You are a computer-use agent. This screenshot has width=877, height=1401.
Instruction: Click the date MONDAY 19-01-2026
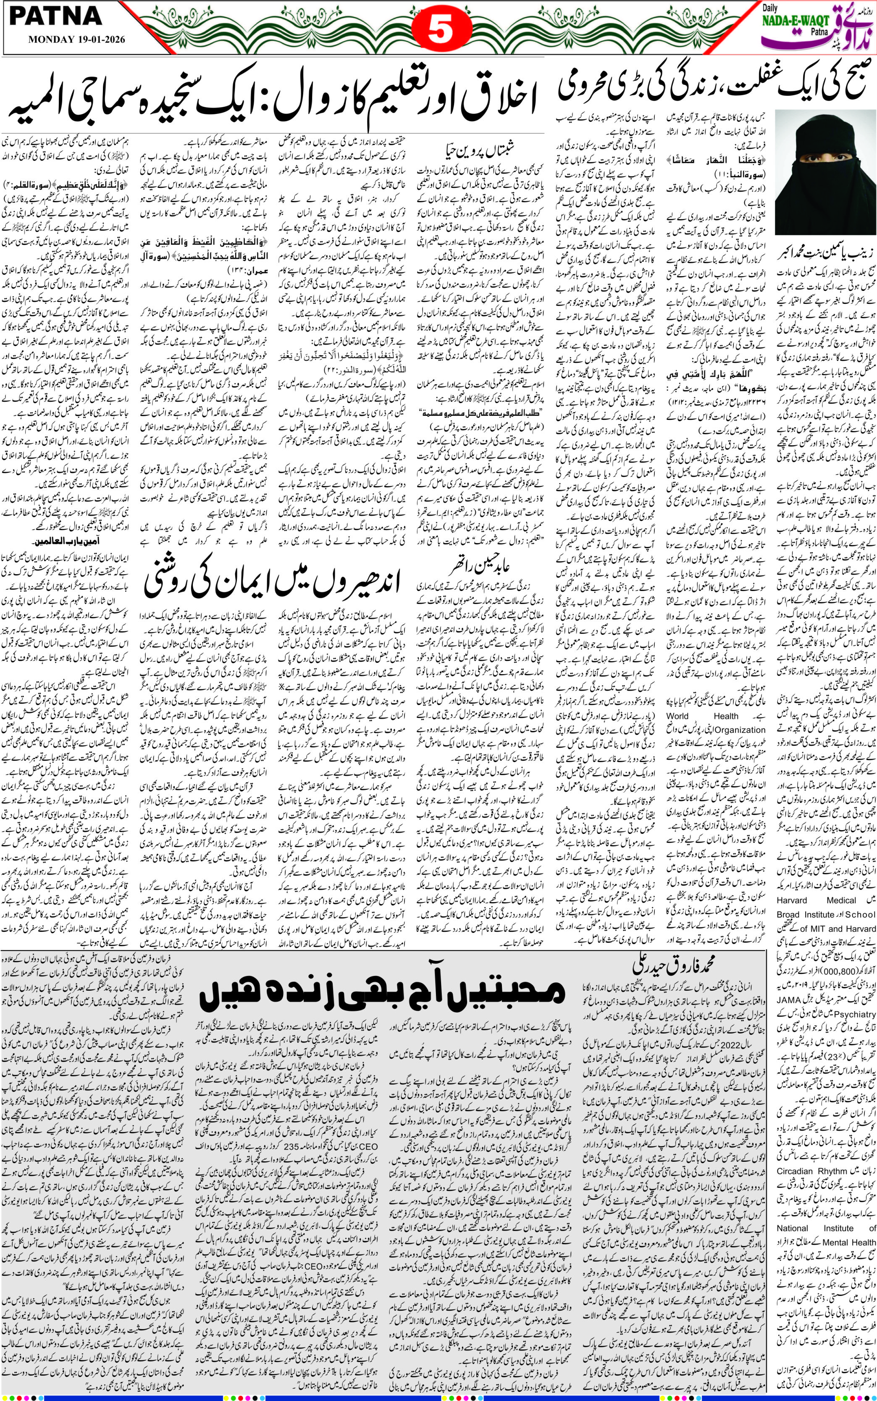point(76,41)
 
